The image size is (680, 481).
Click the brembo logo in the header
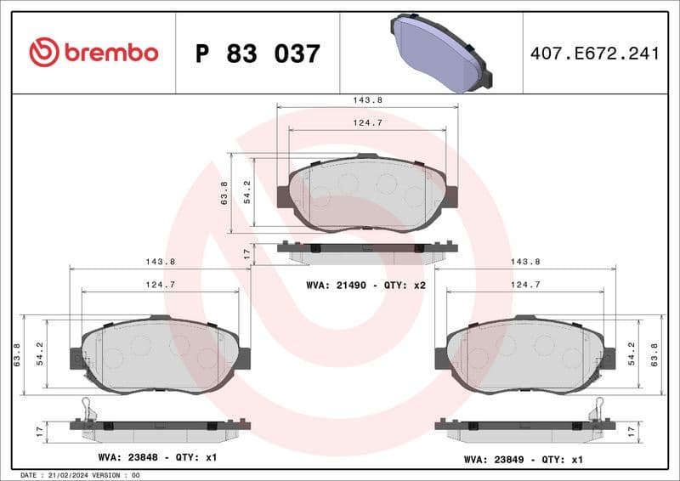coord(93,53)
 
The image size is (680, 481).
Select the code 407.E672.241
coord(595,54)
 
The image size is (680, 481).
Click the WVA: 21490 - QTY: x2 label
coord(365,285)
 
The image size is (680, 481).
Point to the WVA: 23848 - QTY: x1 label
coord(157,458)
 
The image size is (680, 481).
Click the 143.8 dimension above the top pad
coord(367,100)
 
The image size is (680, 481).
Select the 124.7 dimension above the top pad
coord(367,123)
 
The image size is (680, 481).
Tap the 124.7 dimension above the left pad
coord(160,285)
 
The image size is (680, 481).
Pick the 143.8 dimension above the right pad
coord(525,262)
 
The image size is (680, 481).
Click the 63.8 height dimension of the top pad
coord(224,192)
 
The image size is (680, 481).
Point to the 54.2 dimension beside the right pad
coord(630,353)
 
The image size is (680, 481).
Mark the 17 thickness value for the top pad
coord(246,253)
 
